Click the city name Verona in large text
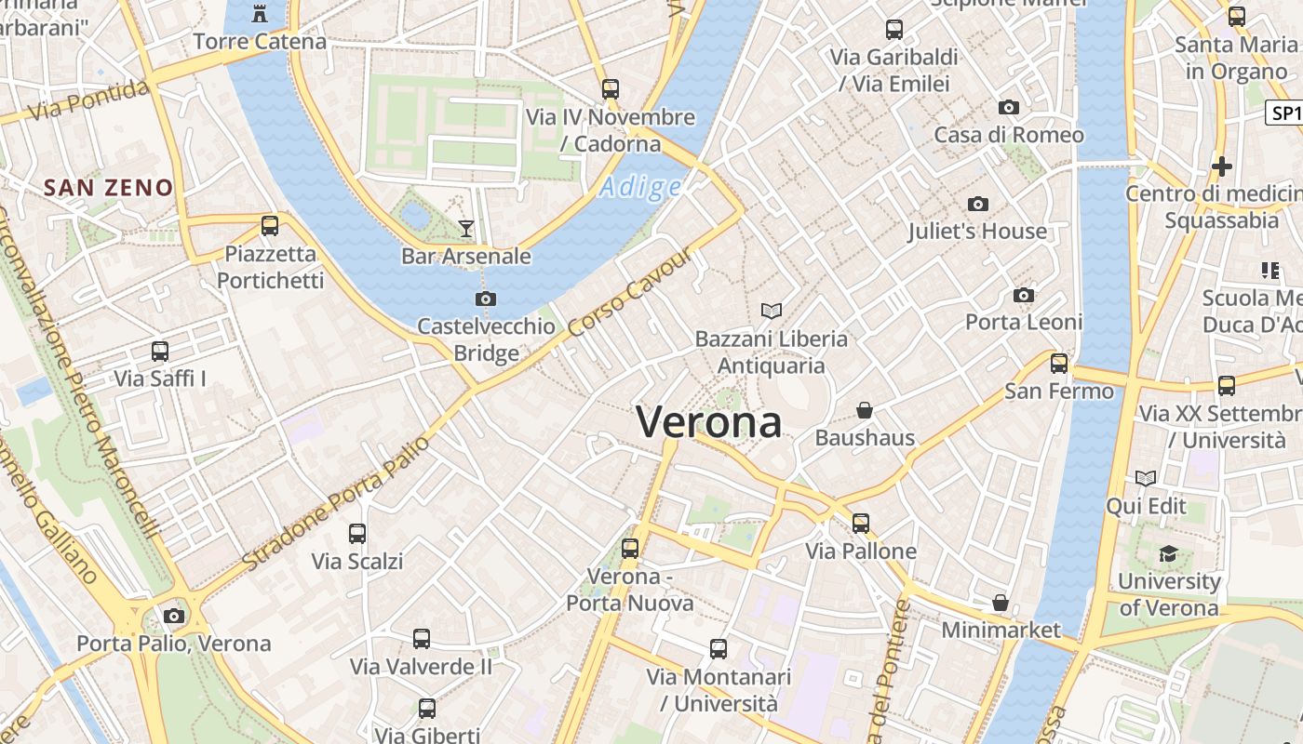[x=709, y=422]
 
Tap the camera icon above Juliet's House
[x=977, y=204]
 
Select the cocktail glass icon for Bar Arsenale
[x=466, y=228]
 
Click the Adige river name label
[x=641, y=188]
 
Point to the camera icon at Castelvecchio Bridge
[x=485, y=299]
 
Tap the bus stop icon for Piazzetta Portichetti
[x=270, y=225]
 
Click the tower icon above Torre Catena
[x=260, y=14]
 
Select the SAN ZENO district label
[x=109, y=188]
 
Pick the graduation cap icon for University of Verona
[x=1168, y=554]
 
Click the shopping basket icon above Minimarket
[x=1001, y=603]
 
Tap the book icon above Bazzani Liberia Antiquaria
[x=771, y=311]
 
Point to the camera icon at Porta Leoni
[x=1024, y=295]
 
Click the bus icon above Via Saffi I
[x=160, y=352]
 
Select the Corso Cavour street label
[x=630, y=294]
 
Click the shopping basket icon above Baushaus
[x=865, y=409]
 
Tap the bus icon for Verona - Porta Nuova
[x=630, y=548]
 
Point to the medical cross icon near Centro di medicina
[x=1222, y=166]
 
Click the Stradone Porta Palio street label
[x=336, y=503]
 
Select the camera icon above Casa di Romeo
[x=1009, y=107]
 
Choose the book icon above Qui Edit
[x=1146, y=478]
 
